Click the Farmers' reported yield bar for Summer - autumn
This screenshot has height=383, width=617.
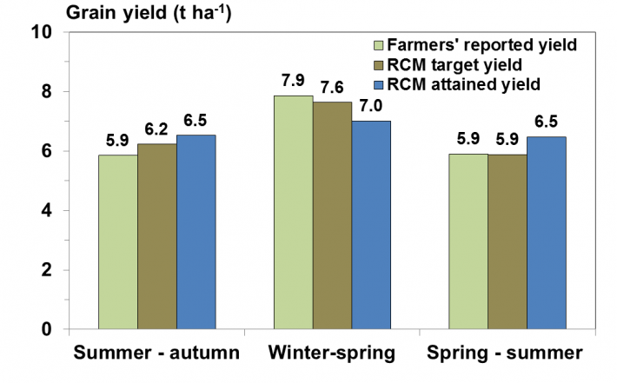[118, 241]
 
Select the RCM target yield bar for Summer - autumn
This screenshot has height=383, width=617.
[157, 236]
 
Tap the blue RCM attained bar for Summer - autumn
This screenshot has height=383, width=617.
[196, 232]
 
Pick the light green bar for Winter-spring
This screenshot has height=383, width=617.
[294, 212]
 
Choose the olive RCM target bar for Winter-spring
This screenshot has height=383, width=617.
[333, 215]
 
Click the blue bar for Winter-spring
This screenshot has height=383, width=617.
[371, 225]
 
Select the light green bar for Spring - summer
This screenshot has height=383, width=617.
[468, 241]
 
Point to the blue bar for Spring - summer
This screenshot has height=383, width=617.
[546, 233]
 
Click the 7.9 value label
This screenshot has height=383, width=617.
[293, 81]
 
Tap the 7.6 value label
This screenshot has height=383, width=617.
[332, 88]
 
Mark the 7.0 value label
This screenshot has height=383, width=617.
[371, 106]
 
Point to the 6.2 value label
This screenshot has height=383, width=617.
[156, 129]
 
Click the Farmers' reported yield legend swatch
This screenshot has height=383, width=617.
[379, 45]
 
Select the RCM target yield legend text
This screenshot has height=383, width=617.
[454, 65]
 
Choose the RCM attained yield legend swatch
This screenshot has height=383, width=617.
[379, 84]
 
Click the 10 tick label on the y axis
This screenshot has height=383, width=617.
[42, 32]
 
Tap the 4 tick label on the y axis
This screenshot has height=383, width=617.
[46, 211]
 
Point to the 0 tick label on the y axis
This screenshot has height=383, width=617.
[46, 329]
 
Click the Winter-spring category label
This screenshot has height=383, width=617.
[332, 353]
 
